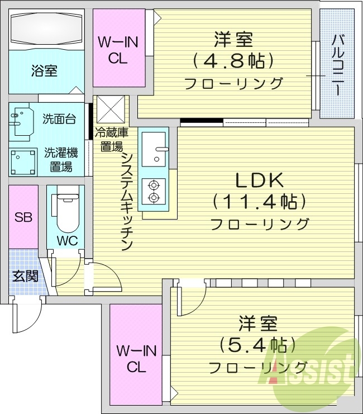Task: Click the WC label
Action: [67, 241]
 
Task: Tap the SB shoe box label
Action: [23, 217]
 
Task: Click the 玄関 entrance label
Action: [24, 275]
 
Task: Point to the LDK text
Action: [260, 180]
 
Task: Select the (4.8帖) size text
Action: [233, 60]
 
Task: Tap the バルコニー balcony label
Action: [337, 65]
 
